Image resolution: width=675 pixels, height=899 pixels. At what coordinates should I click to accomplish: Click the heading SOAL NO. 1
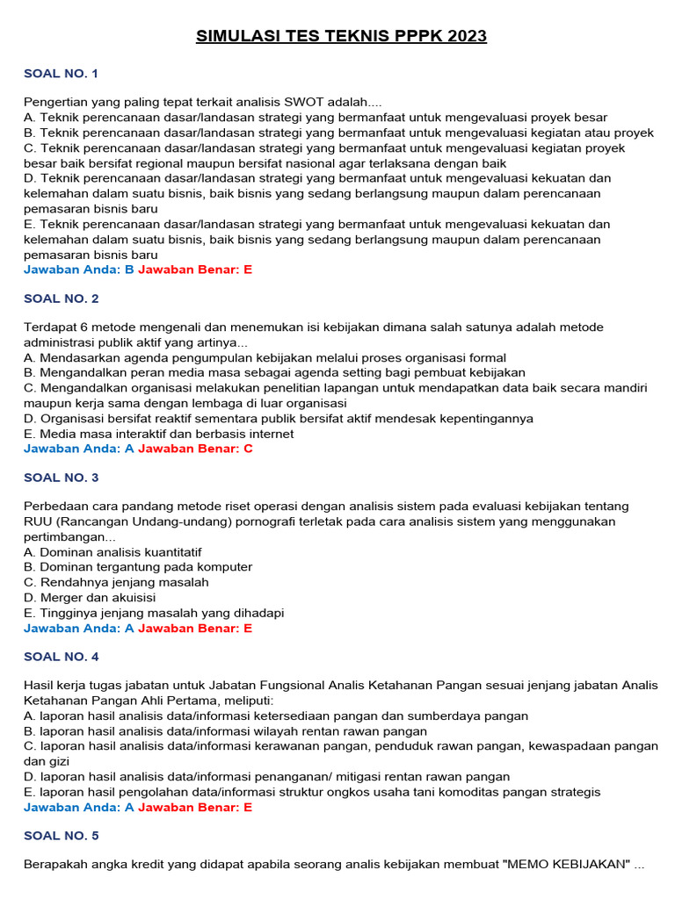pyautogui.click(x=61, y=74)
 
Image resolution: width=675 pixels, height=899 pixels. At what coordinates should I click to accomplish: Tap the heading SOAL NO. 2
pyautogui.click(x=61, y=298)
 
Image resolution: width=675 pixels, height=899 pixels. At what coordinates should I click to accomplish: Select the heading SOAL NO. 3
pyautogui.click(x=61, y=478)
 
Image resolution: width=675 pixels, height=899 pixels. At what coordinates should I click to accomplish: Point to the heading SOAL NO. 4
pyautogui.click(x=61, y=657)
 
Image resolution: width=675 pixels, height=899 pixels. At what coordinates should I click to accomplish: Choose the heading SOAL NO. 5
pyautogui.click(x=61, y=836)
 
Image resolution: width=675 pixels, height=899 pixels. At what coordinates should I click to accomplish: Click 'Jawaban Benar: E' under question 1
pyautogui.click(x=195, y=270)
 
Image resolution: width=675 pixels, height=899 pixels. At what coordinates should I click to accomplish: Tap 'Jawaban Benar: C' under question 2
pyautogui.click(x=195, y=449)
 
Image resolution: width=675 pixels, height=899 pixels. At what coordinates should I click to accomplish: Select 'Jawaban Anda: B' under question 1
pyautogui.click(x=79, y=270)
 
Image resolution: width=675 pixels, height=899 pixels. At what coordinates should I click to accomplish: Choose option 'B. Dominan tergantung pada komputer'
pyautogui.click(x=138, y=567)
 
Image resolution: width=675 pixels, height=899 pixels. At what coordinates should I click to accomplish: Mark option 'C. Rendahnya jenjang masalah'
pyautogui.click(x=116, y=582)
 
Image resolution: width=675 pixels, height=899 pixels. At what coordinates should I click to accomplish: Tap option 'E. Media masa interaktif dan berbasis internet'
pyautogui.click(x=159, y=434)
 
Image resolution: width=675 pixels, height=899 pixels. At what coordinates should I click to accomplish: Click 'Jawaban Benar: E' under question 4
pyautogui.click(x=195, y=807)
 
